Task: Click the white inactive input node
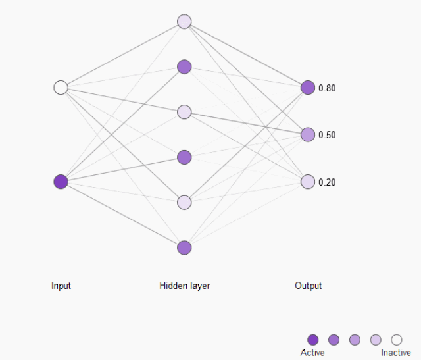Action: (x=61, y=88)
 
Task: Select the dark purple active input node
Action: (x=61, y=182)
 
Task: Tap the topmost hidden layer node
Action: (x=184, y=22)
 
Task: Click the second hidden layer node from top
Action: (x=184, y=66)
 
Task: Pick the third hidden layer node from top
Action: (x=184, y=112)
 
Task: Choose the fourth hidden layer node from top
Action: (x=184, y=157)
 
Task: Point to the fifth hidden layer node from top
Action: (x=184, y=202)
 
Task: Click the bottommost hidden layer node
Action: (x=184, y=247)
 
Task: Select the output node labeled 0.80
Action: (x=308, y=88)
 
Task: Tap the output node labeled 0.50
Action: (x=308, y=135)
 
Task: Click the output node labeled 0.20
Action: (x=308, y=182)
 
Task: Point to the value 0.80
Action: (x=327, y=88)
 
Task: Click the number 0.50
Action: (x=327, y=135)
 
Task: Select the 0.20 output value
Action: (x=327, y=182)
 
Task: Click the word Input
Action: (x=61, y=286)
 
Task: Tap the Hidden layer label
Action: (x=185, y=286)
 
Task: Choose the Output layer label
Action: (x=309, y=286)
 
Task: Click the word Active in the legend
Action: (x=312, y=353)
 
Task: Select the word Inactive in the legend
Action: (x=396, y=353)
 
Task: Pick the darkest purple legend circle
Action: (x=313, y=340)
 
